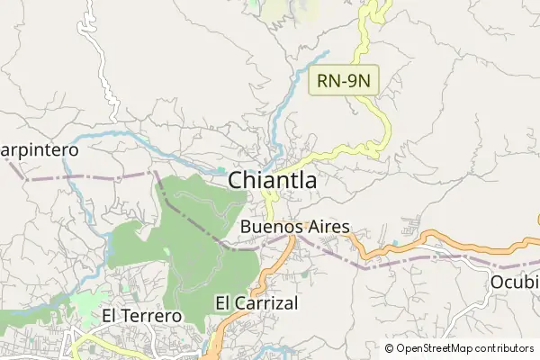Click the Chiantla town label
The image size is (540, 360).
(x=272, y=180)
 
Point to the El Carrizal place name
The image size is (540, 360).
(x=256, y=303)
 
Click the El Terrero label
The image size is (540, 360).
(x=141, y=316)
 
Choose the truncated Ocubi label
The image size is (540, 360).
(x=514, y=283)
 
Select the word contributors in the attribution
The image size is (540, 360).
(x=505, y=348)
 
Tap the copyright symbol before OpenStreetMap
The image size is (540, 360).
(x=390, y=348)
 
